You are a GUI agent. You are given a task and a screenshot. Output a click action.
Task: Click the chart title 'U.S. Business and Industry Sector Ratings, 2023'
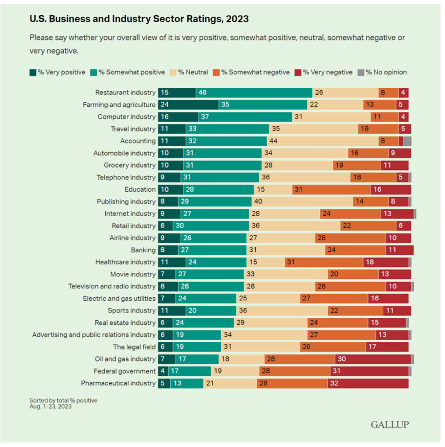[139, 19]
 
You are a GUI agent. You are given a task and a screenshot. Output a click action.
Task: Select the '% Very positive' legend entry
[57, 72]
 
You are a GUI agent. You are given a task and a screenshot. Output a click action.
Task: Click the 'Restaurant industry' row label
[125, 93]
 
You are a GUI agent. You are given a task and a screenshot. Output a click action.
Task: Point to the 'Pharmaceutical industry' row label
[118, 383]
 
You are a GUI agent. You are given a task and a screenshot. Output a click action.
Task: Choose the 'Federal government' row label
[124, 371]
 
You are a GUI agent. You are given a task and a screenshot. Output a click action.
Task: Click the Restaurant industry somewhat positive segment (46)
[254, 93]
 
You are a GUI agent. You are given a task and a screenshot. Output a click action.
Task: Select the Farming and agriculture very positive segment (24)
[188, 105]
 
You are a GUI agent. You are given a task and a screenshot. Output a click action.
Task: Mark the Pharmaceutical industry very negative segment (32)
[368, 383]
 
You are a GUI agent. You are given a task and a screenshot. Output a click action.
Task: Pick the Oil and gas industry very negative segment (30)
[373, 359]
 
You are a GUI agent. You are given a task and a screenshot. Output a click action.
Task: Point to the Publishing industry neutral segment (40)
[302, 202]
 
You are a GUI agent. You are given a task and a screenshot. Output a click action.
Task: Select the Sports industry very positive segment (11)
[172, 310]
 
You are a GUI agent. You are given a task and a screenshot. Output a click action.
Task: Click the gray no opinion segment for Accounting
[407, 141]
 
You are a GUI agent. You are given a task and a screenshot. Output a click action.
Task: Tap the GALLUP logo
[390, 424]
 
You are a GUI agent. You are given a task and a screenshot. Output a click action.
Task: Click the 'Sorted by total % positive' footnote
[63, 400]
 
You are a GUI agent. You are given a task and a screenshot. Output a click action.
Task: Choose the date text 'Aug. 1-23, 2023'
[50, 406]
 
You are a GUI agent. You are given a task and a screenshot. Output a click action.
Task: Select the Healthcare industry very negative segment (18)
[386, 262]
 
